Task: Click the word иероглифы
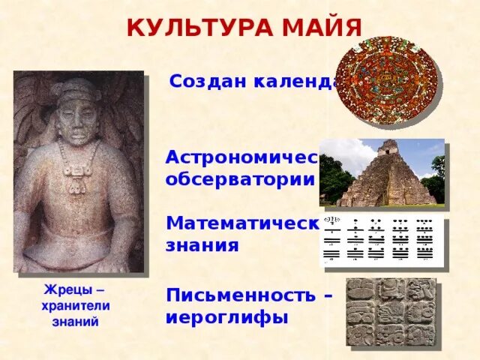(x=227, y=316)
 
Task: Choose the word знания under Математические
(x=202, y=245)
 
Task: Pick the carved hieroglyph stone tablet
(x=390, y=311)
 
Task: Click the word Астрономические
(x=242, y=159)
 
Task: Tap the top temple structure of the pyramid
(x=388, y=148)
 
